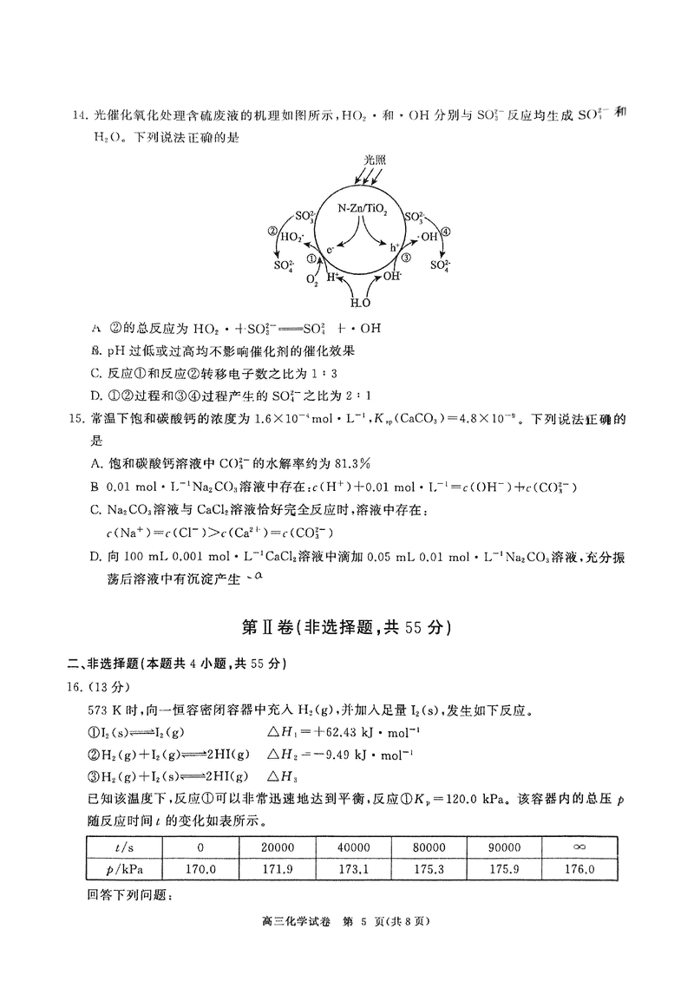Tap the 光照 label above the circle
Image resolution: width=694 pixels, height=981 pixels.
[374, 160]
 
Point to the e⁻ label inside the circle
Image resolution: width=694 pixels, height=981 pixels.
[331, 250]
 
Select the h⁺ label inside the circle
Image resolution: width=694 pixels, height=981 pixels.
[396, 248]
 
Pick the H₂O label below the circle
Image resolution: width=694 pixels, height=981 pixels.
[359, 302]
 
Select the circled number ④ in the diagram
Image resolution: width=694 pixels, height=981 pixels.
[446, 232]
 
